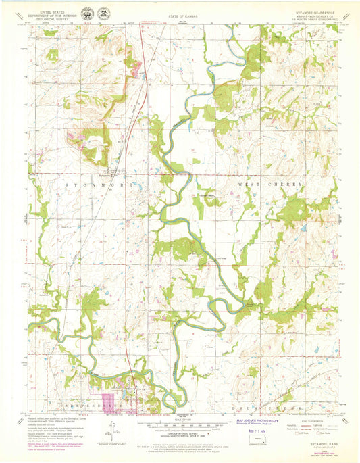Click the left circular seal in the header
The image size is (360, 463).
point(88,13)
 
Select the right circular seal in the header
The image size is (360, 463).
point(103,13)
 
